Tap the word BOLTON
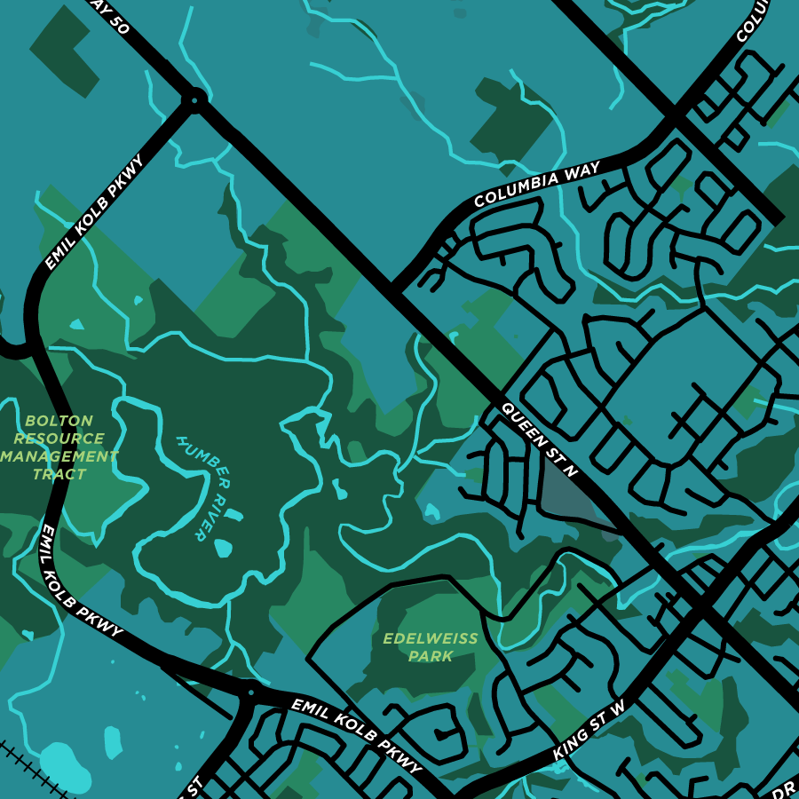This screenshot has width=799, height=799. (x=59, y=421)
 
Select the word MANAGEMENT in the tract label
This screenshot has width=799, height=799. (x=59, y=456)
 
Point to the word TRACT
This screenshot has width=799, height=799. (x=59, y=474)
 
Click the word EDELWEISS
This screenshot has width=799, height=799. (x=431, y=638)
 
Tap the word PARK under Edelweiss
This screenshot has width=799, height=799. (x=431, y=657)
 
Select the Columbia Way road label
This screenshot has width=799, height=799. (x=537, y=184)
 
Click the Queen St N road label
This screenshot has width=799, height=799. (x=540, y=440)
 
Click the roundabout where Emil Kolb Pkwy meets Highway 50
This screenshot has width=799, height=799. (x=193, y=99)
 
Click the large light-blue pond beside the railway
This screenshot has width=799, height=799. (x=64, y=765)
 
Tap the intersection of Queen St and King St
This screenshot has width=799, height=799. (x=700, y=607)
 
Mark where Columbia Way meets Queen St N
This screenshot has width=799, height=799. (x=392, y=289)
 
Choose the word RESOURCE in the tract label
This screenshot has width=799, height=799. (x=59, y=439)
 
